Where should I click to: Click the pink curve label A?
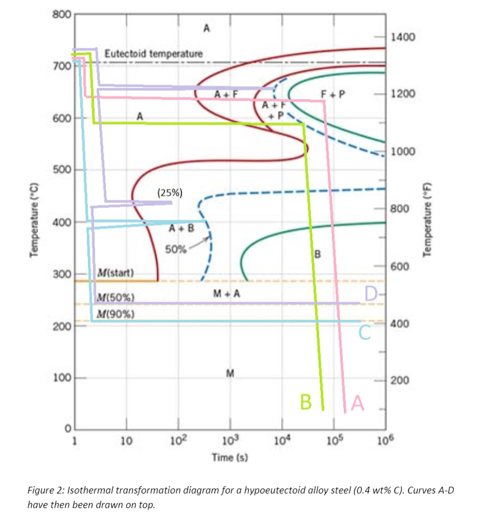coord(357,402)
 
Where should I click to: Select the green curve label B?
coord(305,401)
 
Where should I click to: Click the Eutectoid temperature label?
coord(154,54)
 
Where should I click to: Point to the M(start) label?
coord(115,273)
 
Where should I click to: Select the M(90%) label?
coord(115,313)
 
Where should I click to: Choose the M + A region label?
coord(227,293)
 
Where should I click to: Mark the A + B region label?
coord(181,228)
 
